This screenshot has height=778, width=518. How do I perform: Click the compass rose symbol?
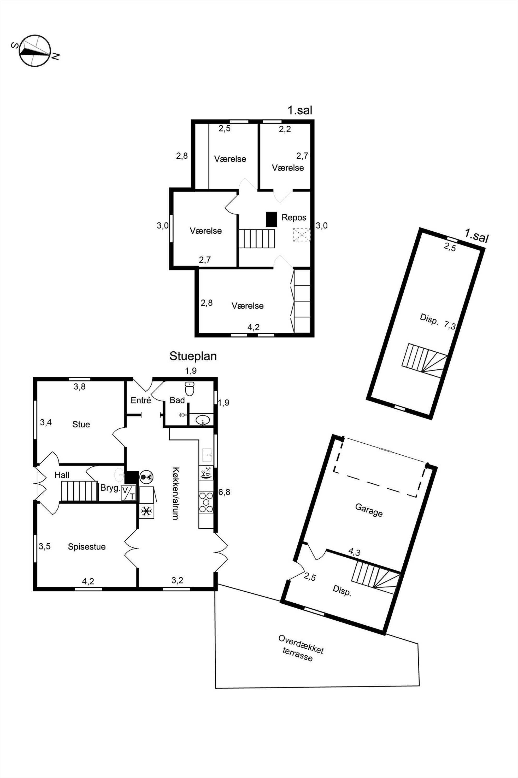pyautogui.click(x=35, y=51)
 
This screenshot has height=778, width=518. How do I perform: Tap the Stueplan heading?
pyautogui.click(x=193, y=356)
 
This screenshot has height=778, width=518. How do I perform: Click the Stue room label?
pyautogui.click(x=81, y=424)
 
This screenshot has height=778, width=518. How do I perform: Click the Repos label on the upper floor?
pyautogui.click(x=294, y=218)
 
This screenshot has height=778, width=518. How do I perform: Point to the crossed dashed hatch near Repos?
pyautogui.click(x=302, y=234)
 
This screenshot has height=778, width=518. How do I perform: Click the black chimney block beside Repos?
pyautogui.click(x=271, y=219)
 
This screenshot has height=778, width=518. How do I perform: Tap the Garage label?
pyautogui.click(x=369, y=510)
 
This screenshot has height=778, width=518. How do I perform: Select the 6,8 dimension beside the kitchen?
pyautogui.click(x=224, y=493)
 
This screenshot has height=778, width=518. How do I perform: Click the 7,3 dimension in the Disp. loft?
pyautogui.click(x=450, y=326)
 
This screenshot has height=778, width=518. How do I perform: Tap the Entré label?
pyautogui.click(x=141, y=400)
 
